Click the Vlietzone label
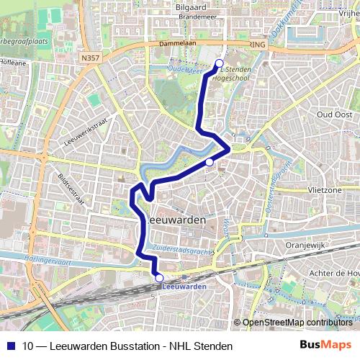[x=325, y=190]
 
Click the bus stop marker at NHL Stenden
[x=219, y=63]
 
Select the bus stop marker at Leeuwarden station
[x=159, y=278]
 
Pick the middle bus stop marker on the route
[x=209, y=162]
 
